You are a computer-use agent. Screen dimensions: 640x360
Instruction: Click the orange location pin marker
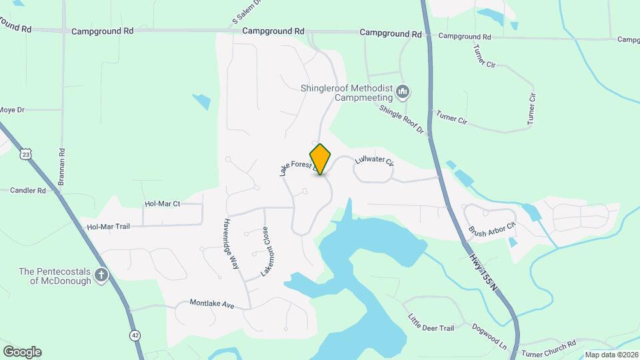click(321, 159)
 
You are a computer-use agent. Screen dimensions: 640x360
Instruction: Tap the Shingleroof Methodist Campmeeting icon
click(403, 91)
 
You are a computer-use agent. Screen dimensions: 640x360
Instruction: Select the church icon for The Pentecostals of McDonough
click(101, 275)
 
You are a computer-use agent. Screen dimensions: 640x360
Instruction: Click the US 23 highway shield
click(26, 154)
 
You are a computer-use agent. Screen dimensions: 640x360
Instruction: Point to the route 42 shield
click(136, 335)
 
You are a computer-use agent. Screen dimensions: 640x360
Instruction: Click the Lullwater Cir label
click(375, 161)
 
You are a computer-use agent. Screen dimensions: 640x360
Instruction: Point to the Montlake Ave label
click(212, 303)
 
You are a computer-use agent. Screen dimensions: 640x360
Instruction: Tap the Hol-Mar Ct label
click(163, 204)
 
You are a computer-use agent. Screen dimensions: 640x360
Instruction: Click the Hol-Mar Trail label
click(108, 227)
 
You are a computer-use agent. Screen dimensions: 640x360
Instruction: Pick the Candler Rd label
click(27, 191)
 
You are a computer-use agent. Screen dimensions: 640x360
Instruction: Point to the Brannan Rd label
click(62, 166)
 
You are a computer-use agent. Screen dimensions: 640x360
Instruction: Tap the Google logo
click(22, 351)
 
